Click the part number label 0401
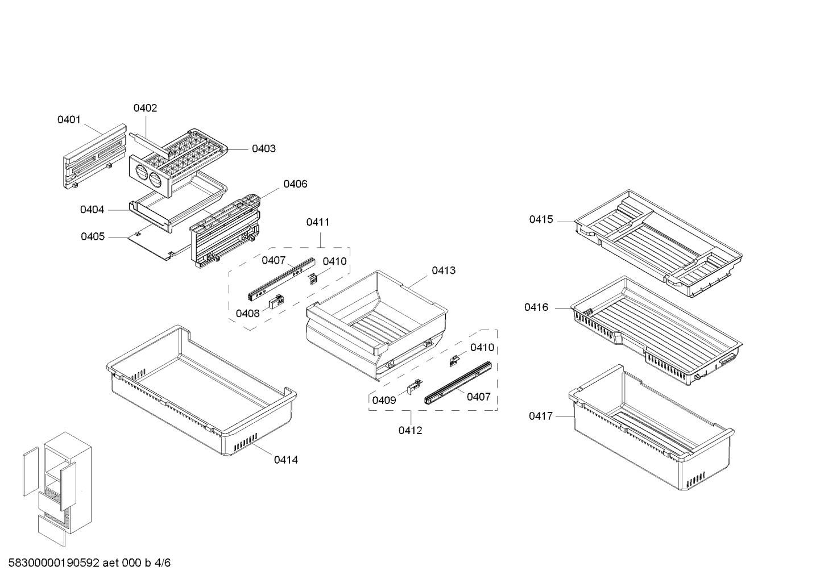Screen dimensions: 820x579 (x=69, y=119)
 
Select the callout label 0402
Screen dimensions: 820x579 (x=145, y=108)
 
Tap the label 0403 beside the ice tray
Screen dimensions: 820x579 (x=264, y=148)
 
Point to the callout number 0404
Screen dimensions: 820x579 (x=92, y=210)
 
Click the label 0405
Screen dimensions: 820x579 (x=93, y=236)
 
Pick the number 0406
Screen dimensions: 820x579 (x=295, y=184)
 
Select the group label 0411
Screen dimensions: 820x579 (x=318, y=222)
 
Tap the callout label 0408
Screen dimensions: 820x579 (x=247, y=314)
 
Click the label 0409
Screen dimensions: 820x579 (x=384, y=401)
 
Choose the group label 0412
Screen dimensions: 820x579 (x=410, y=431)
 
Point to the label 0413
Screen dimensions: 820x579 (x=444, y=270)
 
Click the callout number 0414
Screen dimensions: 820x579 (x=285, y=460)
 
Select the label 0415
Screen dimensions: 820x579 (x=541, y=219)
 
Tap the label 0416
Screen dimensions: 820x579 (x=536, y=307)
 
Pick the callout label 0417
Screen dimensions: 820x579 (x=540, y=416)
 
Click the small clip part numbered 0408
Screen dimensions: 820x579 (x=277, y=302)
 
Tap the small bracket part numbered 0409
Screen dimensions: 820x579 (x=415, y=385)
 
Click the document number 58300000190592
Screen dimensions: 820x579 (x=54, y=563)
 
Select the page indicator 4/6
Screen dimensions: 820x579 (x=163, y=563)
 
